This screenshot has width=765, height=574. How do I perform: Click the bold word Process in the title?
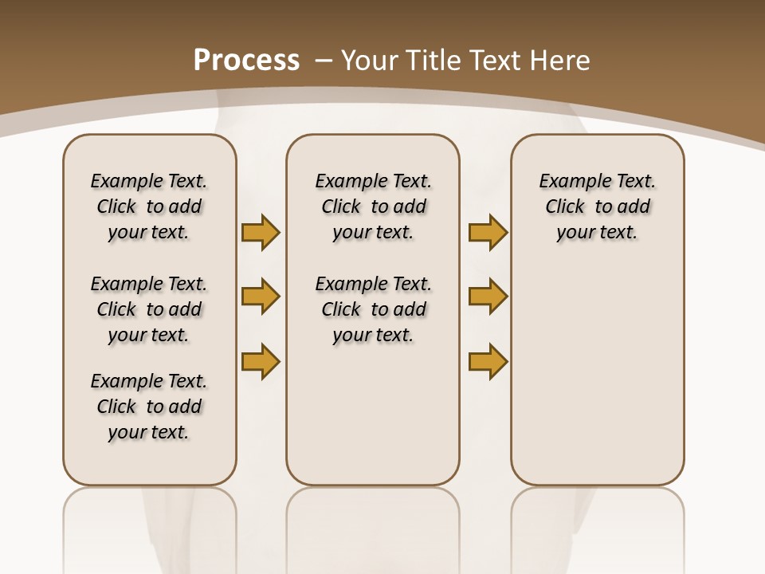tap(246, 60)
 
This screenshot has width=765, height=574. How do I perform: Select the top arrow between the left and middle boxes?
tap(261, 232)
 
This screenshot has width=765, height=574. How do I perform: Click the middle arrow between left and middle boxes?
tap(261, 297)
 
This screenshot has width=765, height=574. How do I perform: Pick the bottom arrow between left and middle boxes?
tap(261, 361)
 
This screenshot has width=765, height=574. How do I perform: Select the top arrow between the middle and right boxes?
tap(488, 232)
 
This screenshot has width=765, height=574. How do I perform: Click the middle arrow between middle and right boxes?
tap(488, 297)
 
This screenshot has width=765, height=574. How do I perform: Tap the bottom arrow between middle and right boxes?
tap(488, 361)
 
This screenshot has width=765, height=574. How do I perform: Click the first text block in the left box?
tap(149, 206)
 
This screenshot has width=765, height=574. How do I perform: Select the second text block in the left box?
tap(149, 309)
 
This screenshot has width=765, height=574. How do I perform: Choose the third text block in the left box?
tap(149, 407)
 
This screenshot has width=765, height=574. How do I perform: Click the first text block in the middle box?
tap(373, 206)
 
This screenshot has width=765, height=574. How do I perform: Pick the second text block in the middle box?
tap(373, 309)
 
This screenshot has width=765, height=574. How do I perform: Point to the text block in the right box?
tap(597, 206)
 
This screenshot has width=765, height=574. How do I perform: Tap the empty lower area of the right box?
tap(597, 375)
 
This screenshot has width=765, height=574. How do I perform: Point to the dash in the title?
tap(324, 60)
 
